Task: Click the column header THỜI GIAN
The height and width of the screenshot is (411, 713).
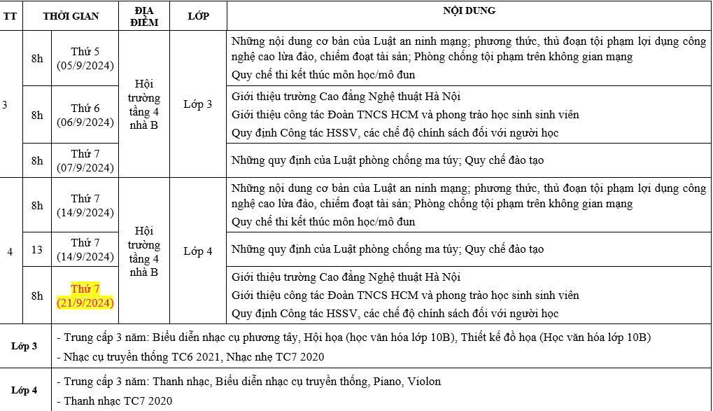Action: click(x=71, y=16)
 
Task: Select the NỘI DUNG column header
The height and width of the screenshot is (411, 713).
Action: click(x=469, y=11)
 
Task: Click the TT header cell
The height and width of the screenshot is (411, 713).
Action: click(x=10, y=16)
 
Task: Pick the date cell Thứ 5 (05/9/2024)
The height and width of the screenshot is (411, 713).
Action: click(x=85, y=59)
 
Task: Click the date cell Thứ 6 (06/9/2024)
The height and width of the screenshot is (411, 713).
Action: click(x=85, y=115)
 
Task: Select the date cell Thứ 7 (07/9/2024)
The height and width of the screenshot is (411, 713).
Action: click(x=85, y=160)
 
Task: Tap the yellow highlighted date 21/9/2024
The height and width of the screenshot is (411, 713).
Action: click(x=85, y=295)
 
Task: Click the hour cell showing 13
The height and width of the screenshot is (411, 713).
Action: click(x=37, y=249)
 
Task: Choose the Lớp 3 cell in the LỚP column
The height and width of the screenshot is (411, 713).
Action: click(x=198, y=104)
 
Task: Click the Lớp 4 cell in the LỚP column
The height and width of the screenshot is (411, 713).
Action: click(x=198, y=251)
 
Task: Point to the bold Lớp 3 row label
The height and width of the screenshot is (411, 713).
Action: click(x=24, y=346)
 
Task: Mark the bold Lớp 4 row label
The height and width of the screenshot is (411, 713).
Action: click(x=24, y=390)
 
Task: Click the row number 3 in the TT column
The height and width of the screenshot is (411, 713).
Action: click(x=6, y=105)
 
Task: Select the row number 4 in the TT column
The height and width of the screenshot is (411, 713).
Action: click(x=10, y=251)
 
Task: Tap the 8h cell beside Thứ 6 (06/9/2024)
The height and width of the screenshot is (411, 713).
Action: click(x=37, y=115)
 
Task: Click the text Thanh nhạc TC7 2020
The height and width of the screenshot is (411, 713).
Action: click(x=118, y=401)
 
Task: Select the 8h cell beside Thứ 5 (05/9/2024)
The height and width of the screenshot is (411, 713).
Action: click(x=37, y=59)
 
